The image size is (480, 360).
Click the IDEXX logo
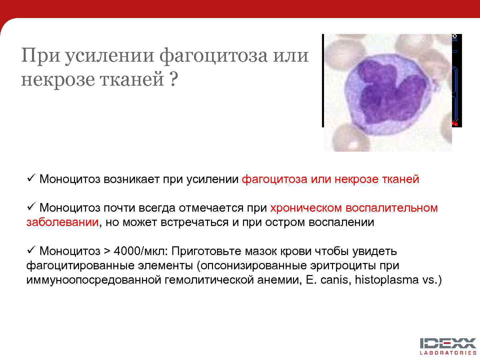pos(448,343)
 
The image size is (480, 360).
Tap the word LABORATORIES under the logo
pos(448,353)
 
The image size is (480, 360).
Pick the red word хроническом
pos(306,208)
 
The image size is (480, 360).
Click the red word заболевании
pos(62,222)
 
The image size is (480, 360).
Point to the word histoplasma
pos(387,280)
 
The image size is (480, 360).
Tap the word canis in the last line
pos(334,280)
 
